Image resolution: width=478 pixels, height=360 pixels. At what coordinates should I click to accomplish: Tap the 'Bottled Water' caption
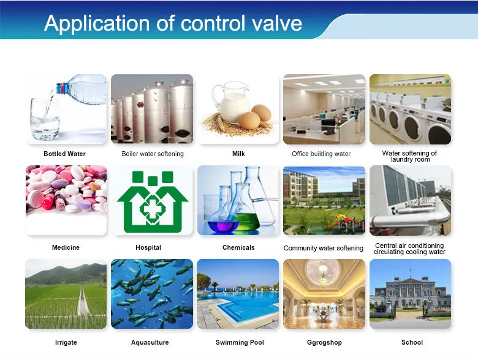pos(64,154)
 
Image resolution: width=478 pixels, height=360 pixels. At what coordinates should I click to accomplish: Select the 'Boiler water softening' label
pos(153,154)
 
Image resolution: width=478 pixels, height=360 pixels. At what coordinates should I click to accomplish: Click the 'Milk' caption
pos(238,154)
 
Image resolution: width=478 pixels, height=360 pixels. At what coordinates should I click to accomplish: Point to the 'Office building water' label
pos(321,154)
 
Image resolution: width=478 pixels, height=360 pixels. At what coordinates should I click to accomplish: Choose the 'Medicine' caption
pos(66,247)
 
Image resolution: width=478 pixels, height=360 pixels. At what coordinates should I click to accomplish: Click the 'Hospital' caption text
pos(148,247)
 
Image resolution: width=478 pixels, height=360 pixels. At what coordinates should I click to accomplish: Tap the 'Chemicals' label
pos(238,247)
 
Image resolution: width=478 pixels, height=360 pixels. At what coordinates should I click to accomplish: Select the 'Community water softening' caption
pos(324,248)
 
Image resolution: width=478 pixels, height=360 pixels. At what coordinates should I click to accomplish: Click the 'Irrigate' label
pos(66,342)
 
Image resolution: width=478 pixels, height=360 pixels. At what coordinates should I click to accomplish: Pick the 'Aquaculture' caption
pos(150,342)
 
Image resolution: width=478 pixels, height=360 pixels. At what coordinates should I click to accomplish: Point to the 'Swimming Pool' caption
pos(240,342)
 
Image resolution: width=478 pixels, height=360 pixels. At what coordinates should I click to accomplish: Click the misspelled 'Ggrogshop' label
pos(324,342)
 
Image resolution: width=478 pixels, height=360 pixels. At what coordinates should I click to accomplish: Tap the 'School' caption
pos(412,342)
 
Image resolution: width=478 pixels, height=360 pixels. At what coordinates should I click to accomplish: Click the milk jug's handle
pos(216,96)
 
